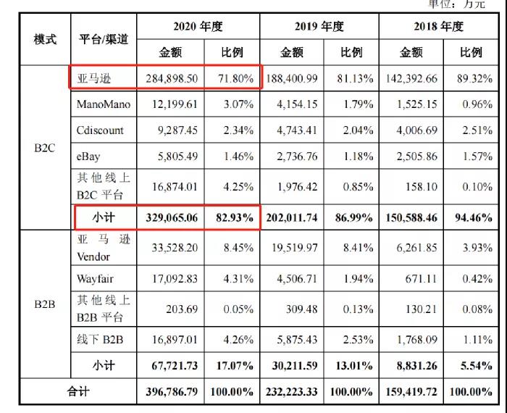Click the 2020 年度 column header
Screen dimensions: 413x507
click(197, 27)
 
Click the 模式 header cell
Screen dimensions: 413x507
click(45, 39)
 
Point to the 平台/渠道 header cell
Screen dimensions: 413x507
click(103, 39)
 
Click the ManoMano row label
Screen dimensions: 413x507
click(104, 104)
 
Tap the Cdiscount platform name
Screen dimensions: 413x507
click(101, 130)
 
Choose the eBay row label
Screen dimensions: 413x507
click(91, 156)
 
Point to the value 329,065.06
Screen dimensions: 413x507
click(172, 217)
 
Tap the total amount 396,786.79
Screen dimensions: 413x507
click(172, 392)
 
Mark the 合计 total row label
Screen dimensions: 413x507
click(78, 392)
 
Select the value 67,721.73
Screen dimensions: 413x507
click(174, 366)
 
